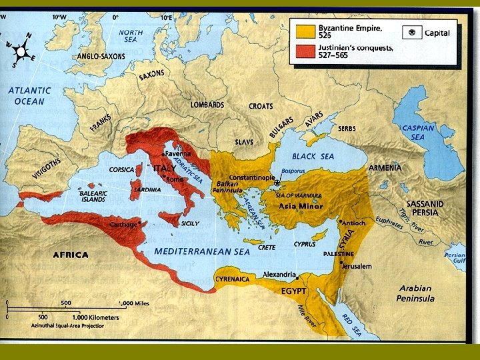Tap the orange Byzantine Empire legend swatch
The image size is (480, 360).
coord(305,29)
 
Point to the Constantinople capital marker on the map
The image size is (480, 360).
coord(277,183)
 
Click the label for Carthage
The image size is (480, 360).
coord(123,225)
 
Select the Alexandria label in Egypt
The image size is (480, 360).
coord(279,274)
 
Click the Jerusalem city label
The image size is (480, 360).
coord(357,266)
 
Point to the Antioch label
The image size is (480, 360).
coord(354,223)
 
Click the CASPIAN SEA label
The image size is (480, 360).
coord(418,132)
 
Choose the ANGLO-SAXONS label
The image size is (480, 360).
coord(101,57)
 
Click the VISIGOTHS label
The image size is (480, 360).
coord(47,171)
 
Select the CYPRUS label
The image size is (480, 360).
coord(305,244)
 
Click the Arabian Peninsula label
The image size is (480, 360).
coord(417,294)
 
